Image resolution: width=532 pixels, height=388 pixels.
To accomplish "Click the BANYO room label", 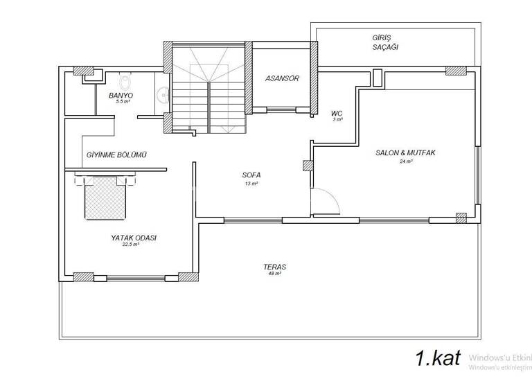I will [121, 94].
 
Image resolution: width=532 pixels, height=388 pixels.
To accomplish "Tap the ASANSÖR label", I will [282, 78].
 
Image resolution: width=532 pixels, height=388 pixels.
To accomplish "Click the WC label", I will [337, 112].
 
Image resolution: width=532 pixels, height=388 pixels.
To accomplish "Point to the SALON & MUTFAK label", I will [405, 153].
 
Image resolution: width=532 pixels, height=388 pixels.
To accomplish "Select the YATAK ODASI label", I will [134, 237].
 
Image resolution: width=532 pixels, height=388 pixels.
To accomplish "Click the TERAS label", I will [274, 267].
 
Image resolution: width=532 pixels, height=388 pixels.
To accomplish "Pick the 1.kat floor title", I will [438, 358].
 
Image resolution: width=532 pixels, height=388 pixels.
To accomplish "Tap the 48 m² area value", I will [274, 274].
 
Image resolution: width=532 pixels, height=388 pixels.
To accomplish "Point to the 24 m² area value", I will [405, 161].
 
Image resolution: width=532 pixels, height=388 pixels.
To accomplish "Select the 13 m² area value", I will [251, 184].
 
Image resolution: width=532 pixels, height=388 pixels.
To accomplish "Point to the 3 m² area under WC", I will [337, 119].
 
